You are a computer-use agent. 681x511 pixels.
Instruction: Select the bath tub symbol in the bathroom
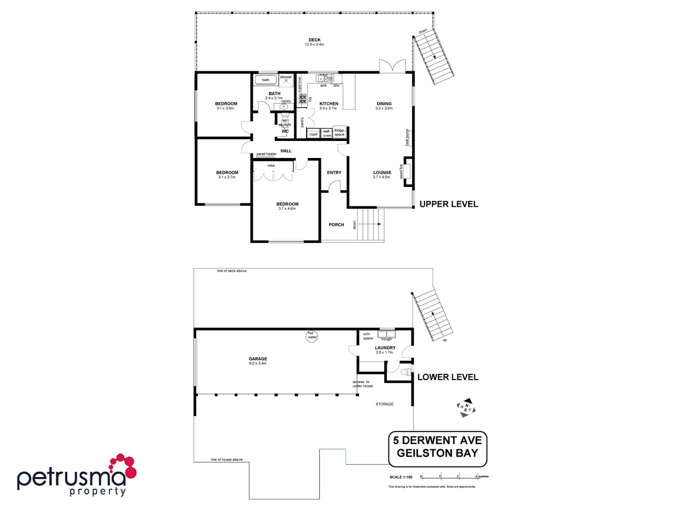(266, 80)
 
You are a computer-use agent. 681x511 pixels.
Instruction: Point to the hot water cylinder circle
(312, 336)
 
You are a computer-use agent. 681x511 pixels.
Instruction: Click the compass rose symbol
(466, 408)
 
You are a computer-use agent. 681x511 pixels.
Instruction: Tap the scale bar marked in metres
(449, 476)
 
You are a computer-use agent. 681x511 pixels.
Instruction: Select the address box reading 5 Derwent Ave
(437, 447)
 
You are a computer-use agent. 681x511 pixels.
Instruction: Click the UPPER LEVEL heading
(449, 204)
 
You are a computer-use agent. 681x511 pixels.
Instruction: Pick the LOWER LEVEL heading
(448, 377)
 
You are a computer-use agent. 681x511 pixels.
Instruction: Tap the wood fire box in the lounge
(407, 171)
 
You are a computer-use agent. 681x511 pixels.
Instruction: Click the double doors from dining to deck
(393, 66)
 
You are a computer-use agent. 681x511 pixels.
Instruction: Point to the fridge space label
(340, 132)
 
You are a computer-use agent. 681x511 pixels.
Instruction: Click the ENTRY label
(334, 173)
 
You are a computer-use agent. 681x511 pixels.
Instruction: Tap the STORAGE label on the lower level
(384, 404)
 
